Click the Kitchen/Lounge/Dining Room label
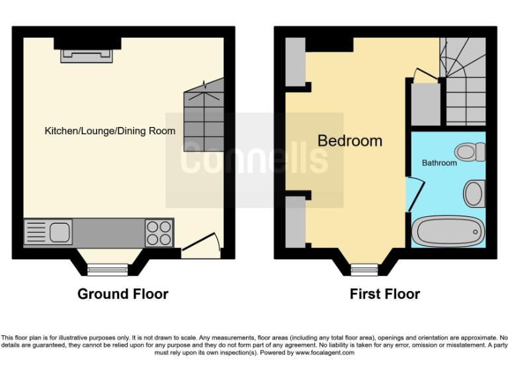[110, 131]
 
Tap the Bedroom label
[350, 141]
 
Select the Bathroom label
[439, 163]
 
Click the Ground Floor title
[123, 294]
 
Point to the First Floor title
[384, 294]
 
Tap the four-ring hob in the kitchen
[159, 233]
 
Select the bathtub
[448, 232]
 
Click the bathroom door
[412, 194]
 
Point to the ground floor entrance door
[200, 245]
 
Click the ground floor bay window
[108, 269]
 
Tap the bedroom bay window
[364, 269]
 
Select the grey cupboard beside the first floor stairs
[425, 103]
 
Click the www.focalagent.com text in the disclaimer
[324, 353]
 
